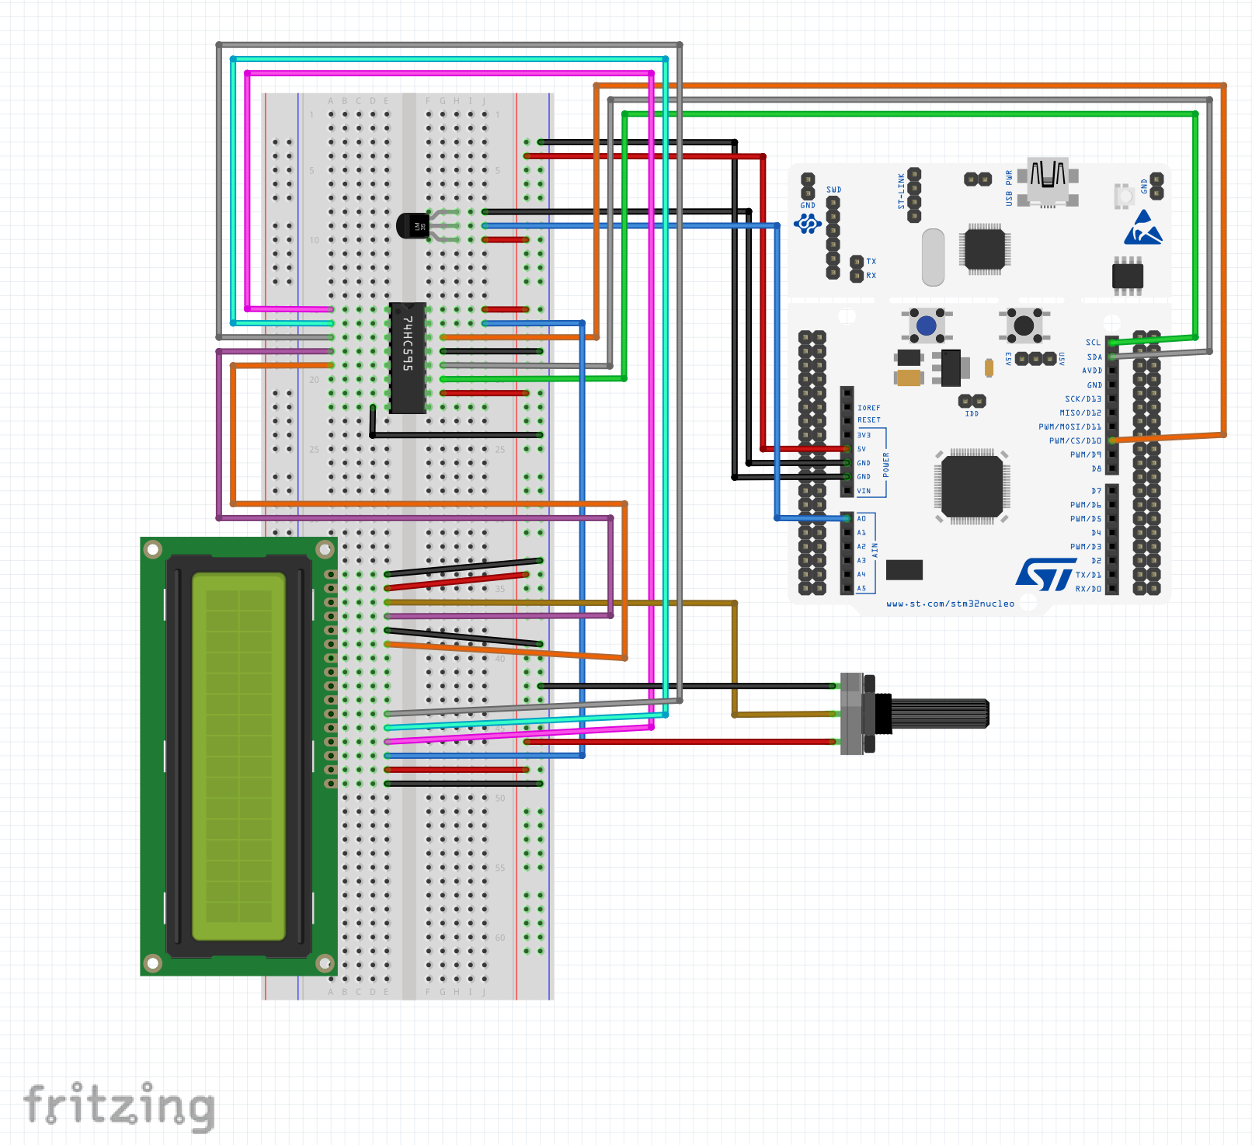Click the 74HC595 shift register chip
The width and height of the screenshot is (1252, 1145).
pos(407,357)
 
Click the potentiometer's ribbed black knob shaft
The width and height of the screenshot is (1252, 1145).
pos(940,713)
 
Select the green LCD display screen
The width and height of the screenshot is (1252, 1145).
pos(239,756)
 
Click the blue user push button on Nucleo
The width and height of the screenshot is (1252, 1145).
pos(926,325)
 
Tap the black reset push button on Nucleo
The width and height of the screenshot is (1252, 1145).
pos(1024,325)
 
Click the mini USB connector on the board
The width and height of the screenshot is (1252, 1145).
pos(1048,180)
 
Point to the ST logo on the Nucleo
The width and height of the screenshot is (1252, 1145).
pos(1045,574)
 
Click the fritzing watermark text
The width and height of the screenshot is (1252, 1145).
pos(119,1106)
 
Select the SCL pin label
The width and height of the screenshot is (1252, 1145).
pos(1093,343)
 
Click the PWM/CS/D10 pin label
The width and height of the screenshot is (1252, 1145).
pos(1075,440)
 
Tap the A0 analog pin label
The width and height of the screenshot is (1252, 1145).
pos(861,518)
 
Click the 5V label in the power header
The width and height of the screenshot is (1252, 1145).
pos(861,449)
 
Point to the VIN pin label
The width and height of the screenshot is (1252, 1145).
pos(864,491)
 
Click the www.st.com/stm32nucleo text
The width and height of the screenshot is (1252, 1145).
pos(950,604)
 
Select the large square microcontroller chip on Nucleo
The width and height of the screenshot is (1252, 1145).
pos(972,486)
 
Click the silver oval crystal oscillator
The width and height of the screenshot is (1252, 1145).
pos(933,257)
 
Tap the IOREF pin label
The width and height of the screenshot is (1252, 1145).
pos(868,408)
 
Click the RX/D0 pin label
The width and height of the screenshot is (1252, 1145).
pos(1088,589)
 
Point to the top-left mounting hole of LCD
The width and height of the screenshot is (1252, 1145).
pos(153,550)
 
